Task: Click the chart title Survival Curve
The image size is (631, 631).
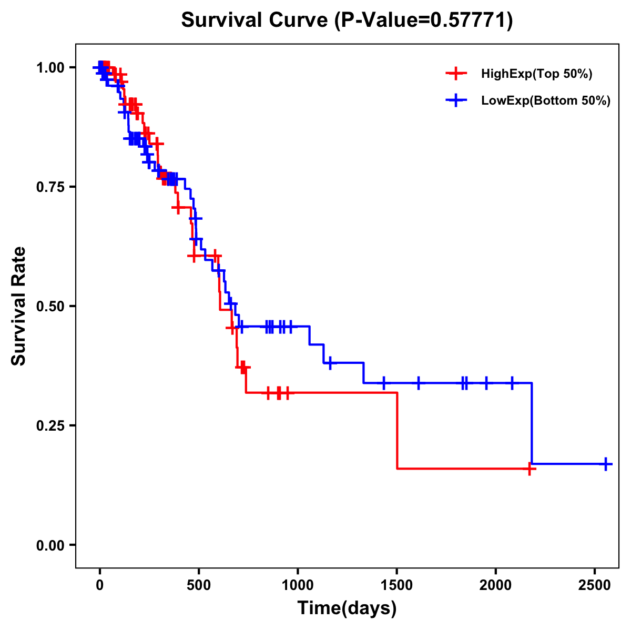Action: coord(347,20)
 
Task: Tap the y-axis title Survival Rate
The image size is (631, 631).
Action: coord(19,306)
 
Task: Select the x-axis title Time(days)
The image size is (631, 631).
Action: coord(347,608)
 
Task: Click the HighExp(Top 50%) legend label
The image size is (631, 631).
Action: coord(537,74)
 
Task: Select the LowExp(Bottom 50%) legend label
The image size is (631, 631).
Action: coord(546,101)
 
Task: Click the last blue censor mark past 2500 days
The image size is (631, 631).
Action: coord(606,464)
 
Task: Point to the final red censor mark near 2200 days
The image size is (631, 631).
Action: coord(530,469)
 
